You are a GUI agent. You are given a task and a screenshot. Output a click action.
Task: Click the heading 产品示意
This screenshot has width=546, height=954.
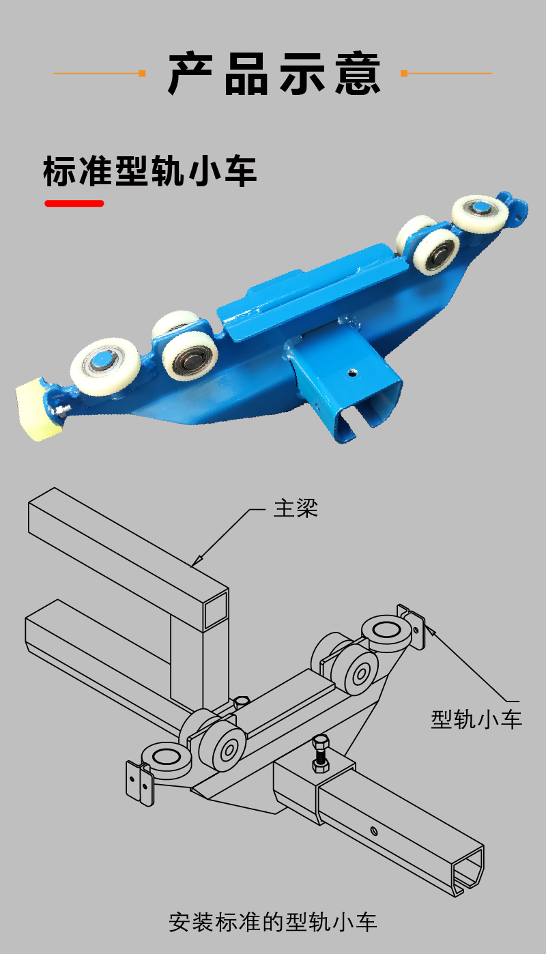click(274, 74)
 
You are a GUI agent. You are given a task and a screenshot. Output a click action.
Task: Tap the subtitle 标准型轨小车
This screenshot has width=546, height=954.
click(150, 171)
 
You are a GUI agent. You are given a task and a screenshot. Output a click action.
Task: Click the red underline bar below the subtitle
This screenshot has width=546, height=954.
click(74, 203)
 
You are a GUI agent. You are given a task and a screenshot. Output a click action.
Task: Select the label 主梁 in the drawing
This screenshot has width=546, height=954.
click(296, 508)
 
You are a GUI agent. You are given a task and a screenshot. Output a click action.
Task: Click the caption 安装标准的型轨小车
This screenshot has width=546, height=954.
click(273, 922)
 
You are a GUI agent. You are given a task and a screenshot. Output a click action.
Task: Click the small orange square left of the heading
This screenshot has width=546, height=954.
click(142, 74)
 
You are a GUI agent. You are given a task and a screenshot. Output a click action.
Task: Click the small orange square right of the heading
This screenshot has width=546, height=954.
click(404, 74)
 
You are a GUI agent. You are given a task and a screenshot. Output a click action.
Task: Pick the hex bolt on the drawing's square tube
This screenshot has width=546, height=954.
click(320, 753)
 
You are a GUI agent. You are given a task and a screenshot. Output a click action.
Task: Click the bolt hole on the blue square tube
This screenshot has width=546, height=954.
click(351, 373)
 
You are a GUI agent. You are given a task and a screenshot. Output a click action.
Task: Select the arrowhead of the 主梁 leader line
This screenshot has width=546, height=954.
click(195, 562)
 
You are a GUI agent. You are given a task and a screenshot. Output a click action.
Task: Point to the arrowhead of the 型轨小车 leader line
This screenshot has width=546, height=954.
click(430, 631)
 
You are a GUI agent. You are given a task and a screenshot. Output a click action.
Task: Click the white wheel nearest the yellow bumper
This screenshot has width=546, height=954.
click(105, 366)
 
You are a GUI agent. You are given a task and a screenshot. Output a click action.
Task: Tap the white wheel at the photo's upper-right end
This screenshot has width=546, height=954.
click(480, 214)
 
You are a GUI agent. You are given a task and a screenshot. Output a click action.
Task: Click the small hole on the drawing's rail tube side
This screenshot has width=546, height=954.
click(373, 830)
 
